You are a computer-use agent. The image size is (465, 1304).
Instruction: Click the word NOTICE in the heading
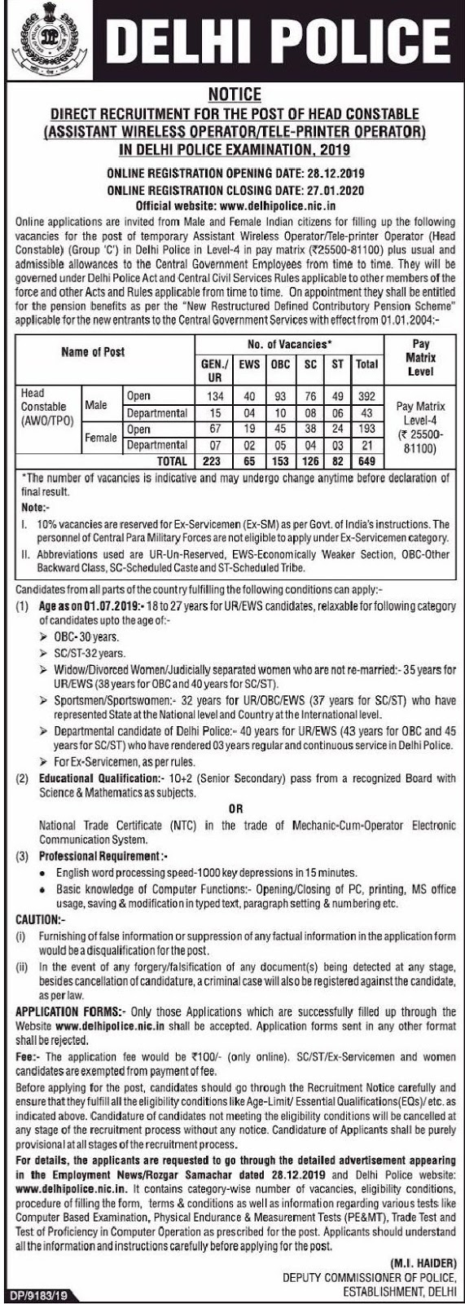(x=235, y=95)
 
